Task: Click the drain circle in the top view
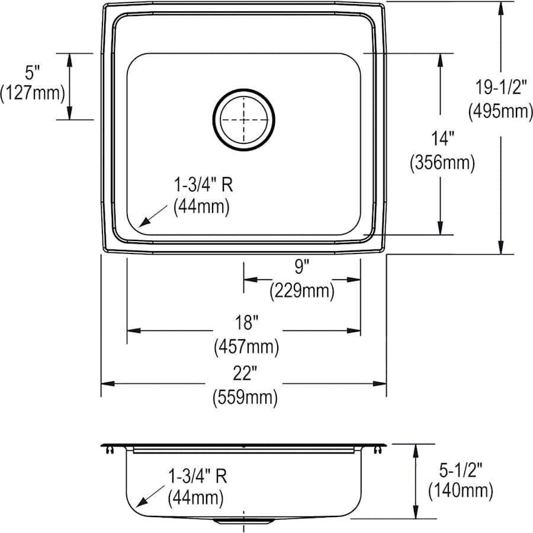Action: pyautogui.click(x=244, y=119)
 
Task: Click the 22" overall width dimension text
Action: pyautogui.click(x=245, y=374)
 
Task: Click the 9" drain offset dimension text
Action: pyautogui.click(x=302, y=267)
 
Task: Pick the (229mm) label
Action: pyautogui.click(x=302, y=291)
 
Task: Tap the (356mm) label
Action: pyautogui.click(x=442, y=163)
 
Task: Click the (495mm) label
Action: pyautogui.click(x=501, y=111)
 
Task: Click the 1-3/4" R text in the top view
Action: pyautogui.click(x=202, y=185)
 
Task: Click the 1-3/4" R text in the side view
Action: pyautogui.click(x=197, y=476)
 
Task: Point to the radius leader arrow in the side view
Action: pyautogui.click(x=150, y=495)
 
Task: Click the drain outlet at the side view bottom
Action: pyautogui.click(x=243, y=520)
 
